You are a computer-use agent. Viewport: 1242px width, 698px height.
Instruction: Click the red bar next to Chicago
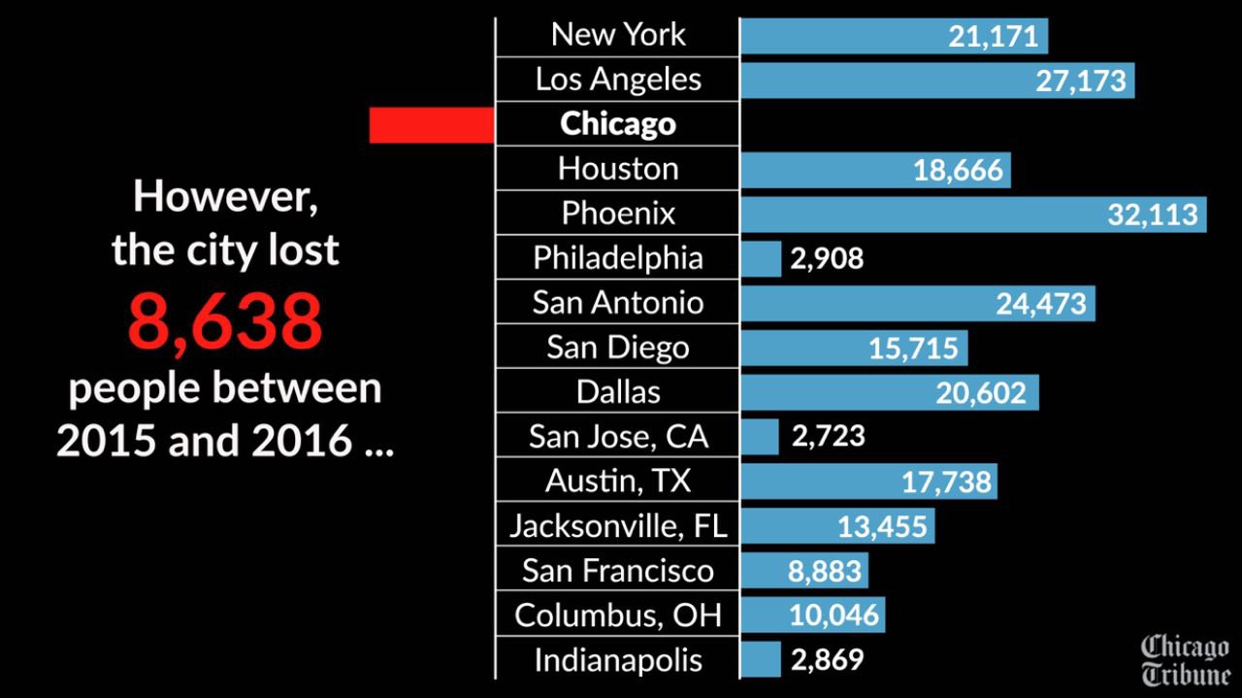tap(432, 125)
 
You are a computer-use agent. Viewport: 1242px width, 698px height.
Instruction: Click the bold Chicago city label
tap(618, 124)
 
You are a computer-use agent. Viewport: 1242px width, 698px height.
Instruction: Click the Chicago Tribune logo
tap(1185, 660)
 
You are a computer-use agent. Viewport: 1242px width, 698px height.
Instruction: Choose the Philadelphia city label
tap(618, 258)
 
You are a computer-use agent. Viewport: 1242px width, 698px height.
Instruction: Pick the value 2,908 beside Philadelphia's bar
tap(827, 259)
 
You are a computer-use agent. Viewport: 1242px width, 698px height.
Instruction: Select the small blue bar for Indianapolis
tap(760, 659)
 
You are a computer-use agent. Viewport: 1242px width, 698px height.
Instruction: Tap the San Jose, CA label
tap(618, 437)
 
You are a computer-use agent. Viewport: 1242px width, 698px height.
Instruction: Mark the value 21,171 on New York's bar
tap(994, 37)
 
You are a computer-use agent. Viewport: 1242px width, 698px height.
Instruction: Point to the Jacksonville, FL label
tap(618, 526)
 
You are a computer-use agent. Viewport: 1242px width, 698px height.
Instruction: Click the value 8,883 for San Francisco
tap(825, 571)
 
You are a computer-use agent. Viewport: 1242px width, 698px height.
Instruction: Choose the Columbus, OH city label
tap(618, 615)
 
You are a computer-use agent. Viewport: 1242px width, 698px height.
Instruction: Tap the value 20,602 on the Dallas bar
tap(981, 392)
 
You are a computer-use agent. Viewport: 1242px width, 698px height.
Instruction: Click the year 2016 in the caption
tap(303, 441)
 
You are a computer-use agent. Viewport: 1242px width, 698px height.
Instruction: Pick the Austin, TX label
tap(618, 482)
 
